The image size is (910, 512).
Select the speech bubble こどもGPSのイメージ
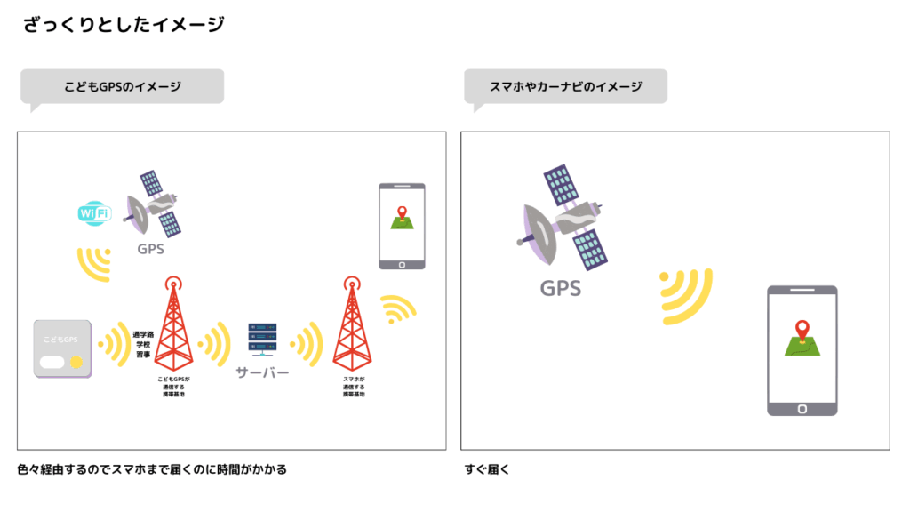point(122,87)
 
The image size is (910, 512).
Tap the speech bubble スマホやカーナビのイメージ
point(565,87)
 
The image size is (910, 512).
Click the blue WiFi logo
point(94,213)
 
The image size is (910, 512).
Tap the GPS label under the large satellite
point(561,288)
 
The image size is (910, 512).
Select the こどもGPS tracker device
point(62,348)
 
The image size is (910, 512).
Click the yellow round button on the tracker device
point(77,363)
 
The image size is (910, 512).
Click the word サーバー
point(262,372)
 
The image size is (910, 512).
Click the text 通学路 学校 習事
point(142,344)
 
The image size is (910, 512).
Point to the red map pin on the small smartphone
point(402,213)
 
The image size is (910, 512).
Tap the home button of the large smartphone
point(802,408)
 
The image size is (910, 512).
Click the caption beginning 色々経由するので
point(152,469)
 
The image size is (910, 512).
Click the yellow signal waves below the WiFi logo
point(95,263)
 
